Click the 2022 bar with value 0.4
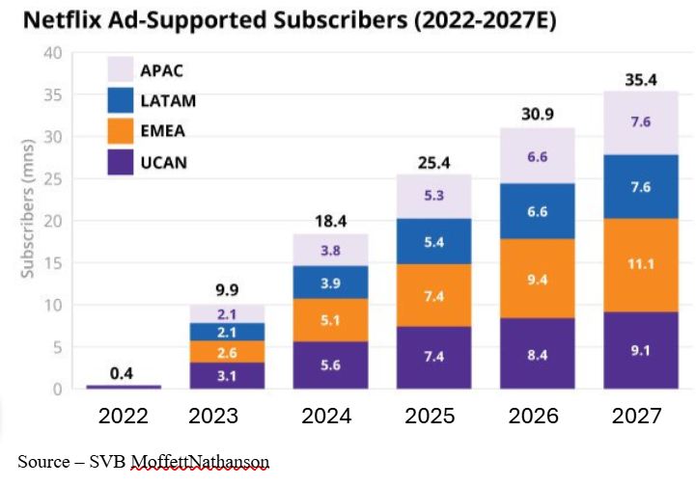124,386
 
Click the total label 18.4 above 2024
331,221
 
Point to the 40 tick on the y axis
52,52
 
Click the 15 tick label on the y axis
52,263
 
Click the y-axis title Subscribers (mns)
28,221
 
